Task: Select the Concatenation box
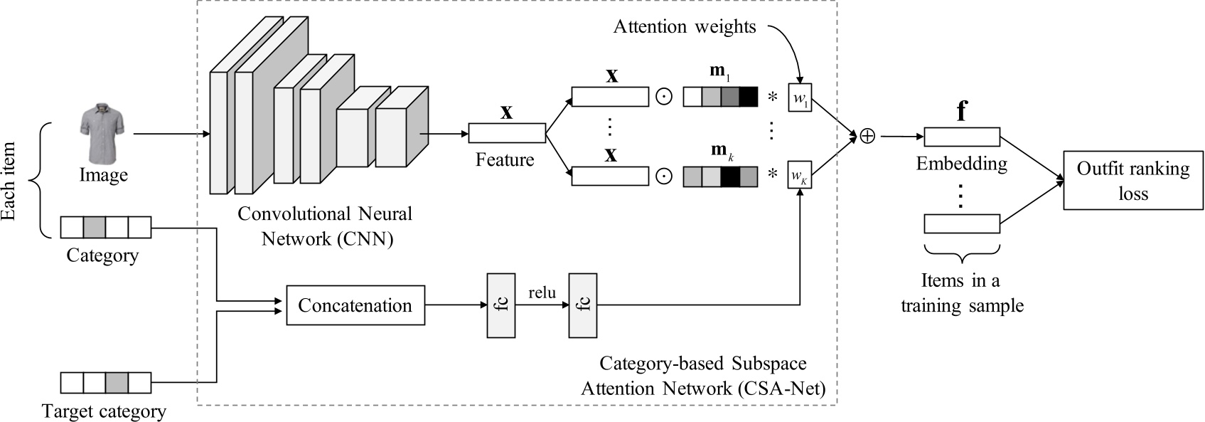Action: (x=355, y=305)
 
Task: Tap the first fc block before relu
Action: (x=501, y=305)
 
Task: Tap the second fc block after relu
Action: (x=583, y=305)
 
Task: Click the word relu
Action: (x=542, y=292)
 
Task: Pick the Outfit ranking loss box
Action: (x=1133, y=180)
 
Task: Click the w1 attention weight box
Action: (x=800, y=97)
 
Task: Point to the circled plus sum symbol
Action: (x=867, y=136)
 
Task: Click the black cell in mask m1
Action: (x=748, y=97)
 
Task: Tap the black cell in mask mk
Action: (x=729, y=176)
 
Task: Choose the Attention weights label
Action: (x=685, y=27)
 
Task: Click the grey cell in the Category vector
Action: (x=95, y=228)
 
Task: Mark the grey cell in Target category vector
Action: (x=117, y=383)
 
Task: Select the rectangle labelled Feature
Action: (x=507, y=133)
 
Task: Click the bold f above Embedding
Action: (x=961, y=112)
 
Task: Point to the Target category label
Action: (x=104, y=411)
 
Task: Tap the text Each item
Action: (x=9, y=181)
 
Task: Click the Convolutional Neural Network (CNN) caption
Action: (x=326, y=226)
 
